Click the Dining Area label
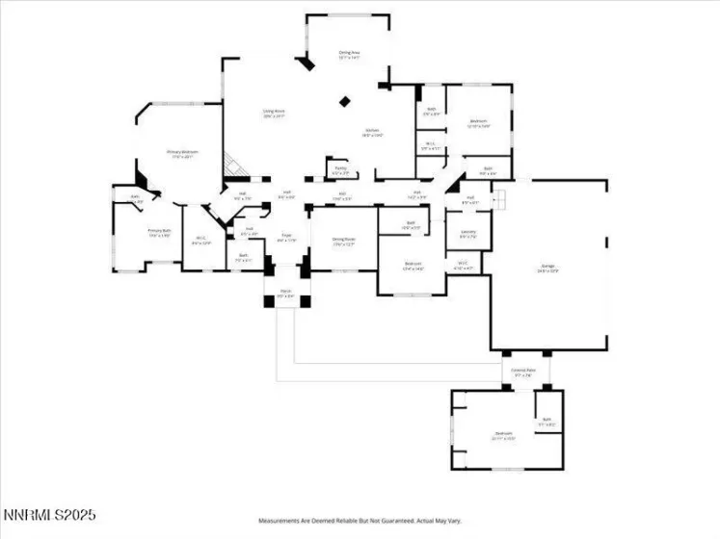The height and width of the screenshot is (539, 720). (x=349, y=55)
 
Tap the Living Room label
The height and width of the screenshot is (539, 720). (x=275, y=113)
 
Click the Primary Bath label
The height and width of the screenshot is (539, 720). (x=159, y=233)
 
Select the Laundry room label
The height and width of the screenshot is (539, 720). (x=467, y=234)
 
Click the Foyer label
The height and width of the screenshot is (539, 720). (x=286, y=237)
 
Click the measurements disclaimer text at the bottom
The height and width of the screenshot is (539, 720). (x=359, y=520)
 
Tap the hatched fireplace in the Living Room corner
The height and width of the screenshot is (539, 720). (x=232, y=166)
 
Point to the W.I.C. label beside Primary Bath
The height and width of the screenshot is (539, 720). (x=200, y=241)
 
